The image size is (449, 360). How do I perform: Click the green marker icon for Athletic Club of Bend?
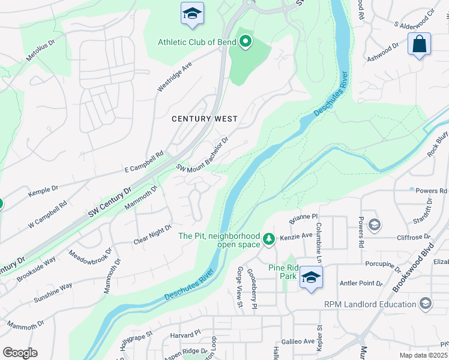click(x=245, y=42)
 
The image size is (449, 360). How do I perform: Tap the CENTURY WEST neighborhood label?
click(x=205, y=119)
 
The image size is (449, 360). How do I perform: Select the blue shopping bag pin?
click(x=419, y=44)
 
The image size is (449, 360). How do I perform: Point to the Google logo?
click(x=20, y=353)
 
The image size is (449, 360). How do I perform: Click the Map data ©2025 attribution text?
click(x=423, y=355)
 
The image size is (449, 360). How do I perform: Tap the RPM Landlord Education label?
click(x=370, y=304)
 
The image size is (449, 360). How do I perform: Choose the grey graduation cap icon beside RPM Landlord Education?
click(x=426, y=304)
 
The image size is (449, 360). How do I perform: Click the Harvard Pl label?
click(x=184, y=334)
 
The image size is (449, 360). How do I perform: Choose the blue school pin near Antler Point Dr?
click(x=310, y=278)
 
